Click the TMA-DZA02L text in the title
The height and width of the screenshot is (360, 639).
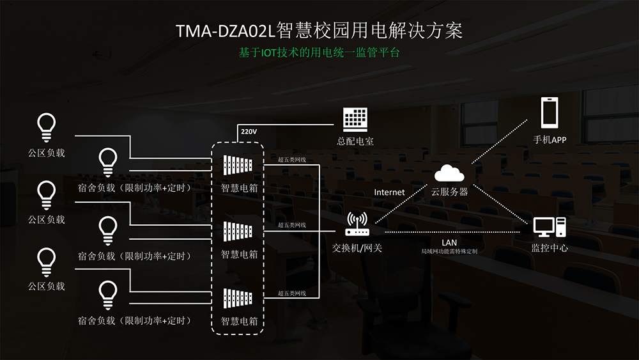tap(226, 31)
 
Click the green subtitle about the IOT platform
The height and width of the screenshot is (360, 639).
tap(319, 52)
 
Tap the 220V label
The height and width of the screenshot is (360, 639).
tap(249, 132)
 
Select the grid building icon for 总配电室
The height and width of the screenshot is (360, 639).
tap(355, 120)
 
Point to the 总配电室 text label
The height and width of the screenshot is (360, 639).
tap(355, 141)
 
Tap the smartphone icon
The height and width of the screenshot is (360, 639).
tap(550, 113)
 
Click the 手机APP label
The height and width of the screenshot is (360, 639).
tap(550, 140)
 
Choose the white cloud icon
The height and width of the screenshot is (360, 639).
tap(449, 173)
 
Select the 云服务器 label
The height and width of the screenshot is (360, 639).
tap(449, 192)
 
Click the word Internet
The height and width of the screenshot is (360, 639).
tap(389, 192)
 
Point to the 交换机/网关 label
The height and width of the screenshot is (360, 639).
tap(357, 248)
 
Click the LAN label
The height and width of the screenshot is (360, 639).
tap(449, 242)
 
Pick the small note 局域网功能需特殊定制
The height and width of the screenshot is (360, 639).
tap(449, 251)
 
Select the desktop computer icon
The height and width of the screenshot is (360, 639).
tap(550, 227)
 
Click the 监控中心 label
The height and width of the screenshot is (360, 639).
tap(550, 248)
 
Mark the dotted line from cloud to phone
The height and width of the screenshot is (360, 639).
tap(500, 141)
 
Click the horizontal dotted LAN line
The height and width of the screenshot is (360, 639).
tap(452, 232)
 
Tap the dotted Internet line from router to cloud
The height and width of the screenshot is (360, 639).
tap(401, 203)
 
